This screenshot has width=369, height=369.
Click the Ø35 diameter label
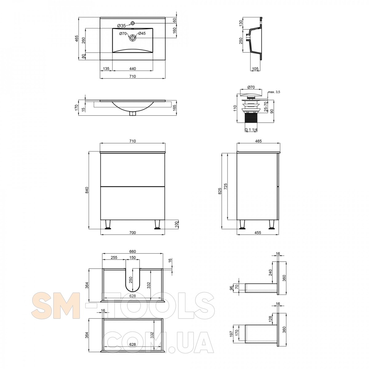(121, 26)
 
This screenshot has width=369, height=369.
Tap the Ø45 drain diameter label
(142, 33)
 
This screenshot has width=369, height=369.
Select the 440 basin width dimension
(133, 69)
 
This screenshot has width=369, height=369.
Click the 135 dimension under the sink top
(106, 69)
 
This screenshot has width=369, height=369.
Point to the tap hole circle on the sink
(132, 23)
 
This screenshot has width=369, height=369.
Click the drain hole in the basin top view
(132, 38)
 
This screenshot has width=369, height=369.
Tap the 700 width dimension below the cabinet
(133, 233)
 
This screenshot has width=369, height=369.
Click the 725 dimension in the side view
(225, 187)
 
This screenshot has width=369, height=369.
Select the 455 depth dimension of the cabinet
(258, 233)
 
